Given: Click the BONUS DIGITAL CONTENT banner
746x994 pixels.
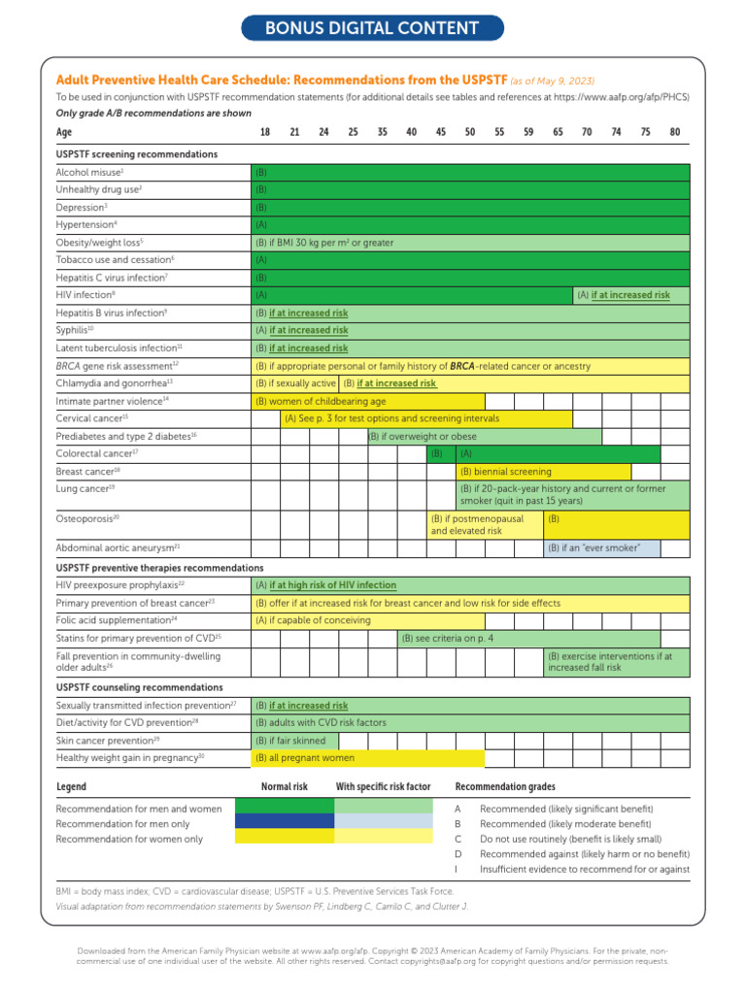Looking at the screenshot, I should point(373,28).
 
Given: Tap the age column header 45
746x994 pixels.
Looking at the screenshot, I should point(441,132).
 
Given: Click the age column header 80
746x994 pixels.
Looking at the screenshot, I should point(674,132).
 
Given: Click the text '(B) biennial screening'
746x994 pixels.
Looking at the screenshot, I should point(505,471).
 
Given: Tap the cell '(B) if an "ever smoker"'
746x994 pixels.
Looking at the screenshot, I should point(593,548).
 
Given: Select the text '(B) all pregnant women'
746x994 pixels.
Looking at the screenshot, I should point(305,757).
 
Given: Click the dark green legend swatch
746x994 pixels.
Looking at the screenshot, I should point(286,807).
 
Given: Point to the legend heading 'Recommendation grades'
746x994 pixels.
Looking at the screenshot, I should point(505,786).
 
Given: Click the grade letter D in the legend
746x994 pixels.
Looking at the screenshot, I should point(458,853).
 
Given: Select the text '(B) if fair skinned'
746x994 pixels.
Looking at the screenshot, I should point(290,740).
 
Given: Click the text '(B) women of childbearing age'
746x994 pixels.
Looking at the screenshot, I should point(321,401).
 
